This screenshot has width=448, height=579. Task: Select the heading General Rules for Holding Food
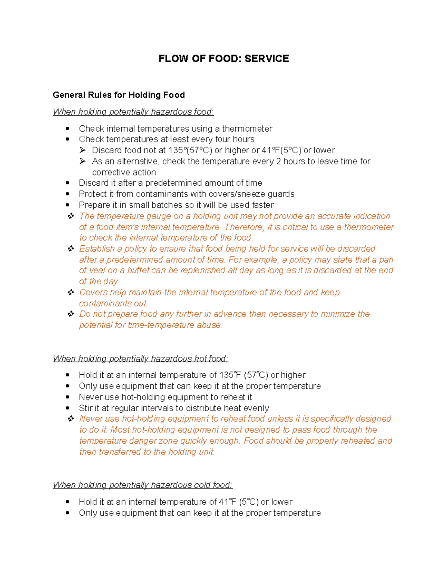point(119,95)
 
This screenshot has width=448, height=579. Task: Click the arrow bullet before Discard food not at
point(83,150)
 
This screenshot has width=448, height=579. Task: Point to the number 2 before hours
point(279,161)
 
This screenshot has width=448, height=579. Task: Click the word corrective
point(109,172)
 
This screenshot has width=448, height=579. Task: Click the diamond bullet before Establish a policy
point(71,249)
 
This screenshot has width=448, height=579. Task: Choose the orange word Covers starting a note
point(93,292)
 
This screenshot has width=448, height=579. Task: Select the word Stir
point(85,408)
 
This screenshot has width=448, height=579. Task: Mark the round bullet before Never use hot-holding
point(68,397)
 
